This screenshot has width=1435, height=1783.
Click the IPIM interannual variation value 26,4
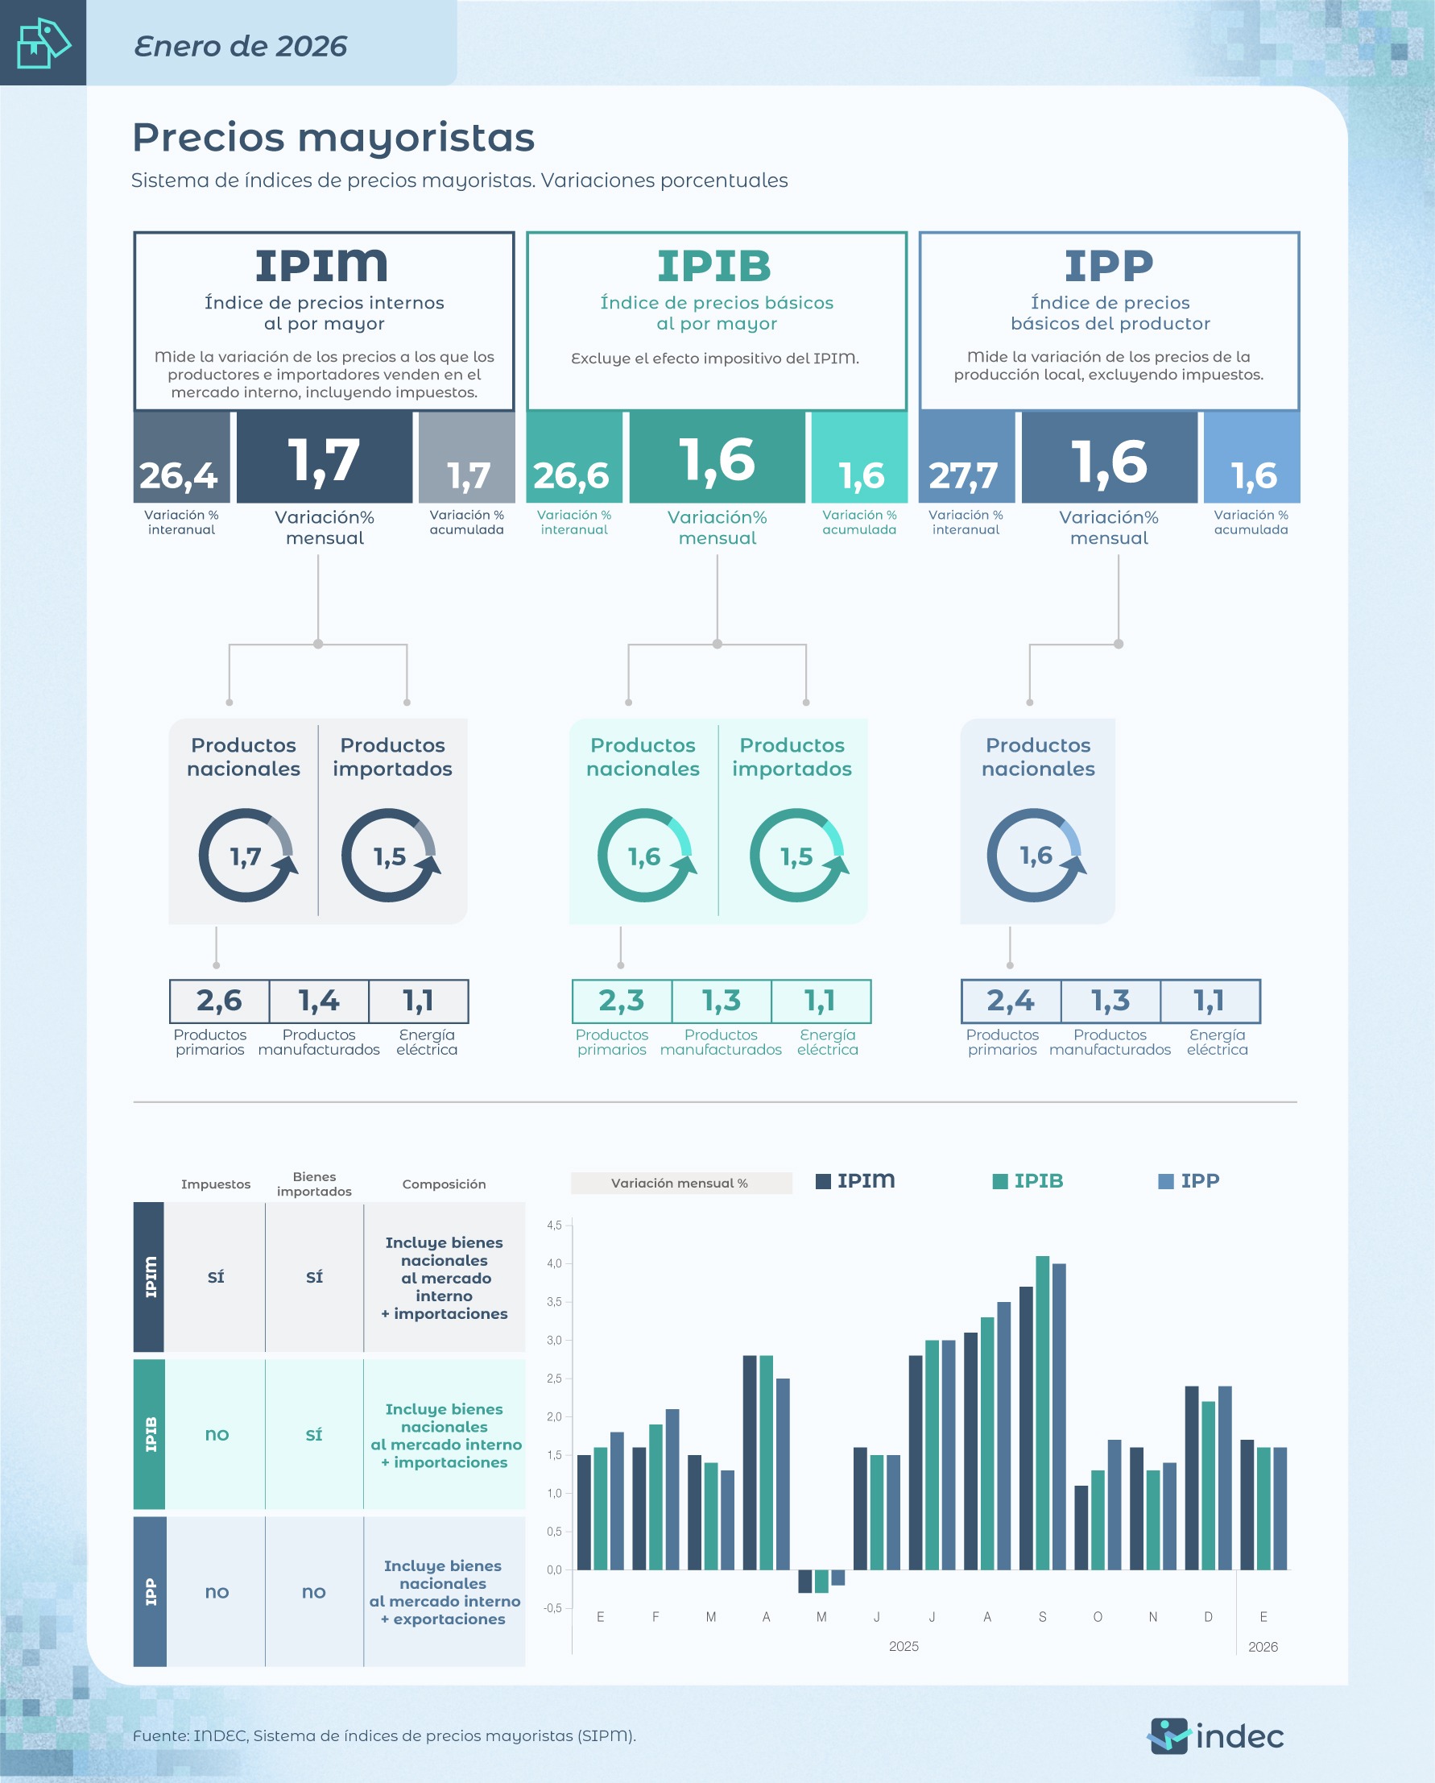[x=179, y=475]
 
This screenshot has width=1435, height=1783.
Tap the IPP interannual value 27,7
[x=963, y=475]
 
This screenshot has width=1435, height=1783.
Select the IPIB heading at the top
[x=715, y=267]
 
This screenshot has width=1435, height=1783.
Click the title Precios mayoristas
[x=333, y=137]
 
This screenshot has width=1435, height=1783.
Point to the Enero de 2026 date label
[x=241, y=46]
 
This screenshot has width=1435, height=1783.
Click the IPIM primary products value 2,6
[x=219, y=1001]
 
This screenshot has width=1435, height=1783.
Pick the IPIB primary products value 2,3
[x=622, y=1001]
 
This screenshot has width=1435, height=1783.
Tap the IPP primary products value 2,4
[x=1010, y=1001]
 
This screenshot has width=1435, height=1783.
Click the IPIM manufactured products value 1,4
[x=319, y=1001]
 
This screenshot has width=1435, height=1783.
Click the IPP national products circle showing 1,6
[x=1036, y=855]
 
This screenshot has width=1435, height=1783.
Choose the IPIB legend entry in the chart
[x=1028, y=1181]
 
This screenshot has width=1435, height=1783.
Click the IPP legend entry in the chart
[x=1189, y=1181]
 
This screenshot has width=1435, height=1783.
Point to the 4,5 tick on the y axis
[x=554, y=1225]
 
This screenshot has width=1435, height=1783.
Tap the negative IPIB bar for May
[x=821, y=1582]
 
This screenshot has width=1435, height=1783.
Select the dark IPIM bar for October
[x=1081, y=1528]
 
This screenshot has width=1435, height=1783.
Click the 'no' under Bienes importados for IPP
[x=313, y=1592]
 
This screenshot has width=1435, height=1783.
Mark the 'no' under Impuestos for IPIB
[x=217, y=1434]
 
